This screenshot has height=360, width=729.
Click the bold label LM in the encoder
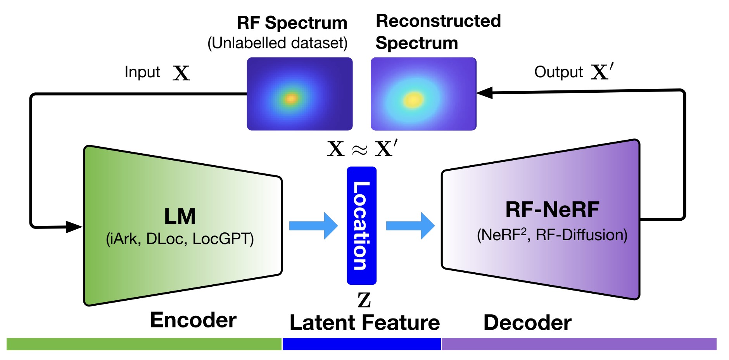tap(180, 216)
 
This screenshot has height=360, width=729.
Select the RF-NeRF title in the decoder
tap(552, 210)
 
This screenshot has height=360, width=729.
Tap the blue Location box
tap(361, 226)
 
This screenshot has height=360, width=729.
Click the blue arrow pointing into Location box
tap(313, 226)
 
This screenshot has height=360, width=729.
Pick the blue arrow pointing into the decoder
tap(410, 226)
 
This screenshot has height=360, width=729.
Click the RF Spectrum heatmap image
tap(299, 94)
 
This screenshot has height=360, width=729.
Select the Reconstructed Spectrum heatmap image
tap(423, 94)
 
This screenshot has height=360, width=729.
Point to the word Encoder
tap(193, 320)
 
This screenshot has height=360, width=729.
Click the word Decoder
tap(527, 323)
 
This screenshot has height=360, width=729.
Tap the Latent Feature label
tap(364, 323)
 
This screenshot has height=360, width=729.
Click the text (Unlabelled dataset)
tap(277, 43)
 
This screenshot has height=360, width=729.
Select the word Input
tap(142, 72)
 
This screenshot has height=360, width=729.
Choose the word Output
tap(558, 72)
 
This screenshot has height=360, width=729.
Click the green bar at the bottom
tap(143, 344)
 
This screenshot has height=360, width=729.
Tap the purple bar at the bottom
tap(579, 344)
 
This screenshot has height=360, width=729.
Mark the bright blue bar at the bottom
tap(361, 344)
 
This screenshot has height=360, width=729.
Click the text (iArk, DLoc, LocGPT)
tap(180, 239)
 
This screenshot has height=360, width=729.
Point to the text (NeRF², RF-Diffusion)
tap(552, 235)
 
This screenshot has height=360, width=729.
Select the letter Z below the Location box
tap(364, 300)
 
